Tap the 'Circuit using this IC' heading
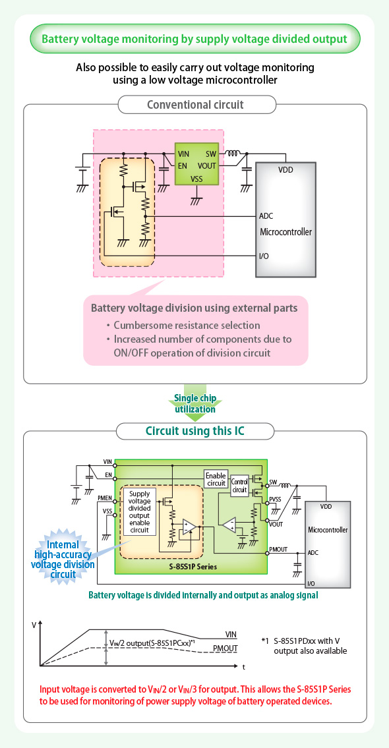[x=194, y=431]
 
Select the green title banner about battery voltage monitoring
[x=194, y=39]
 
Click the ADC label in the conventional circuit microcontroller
[x=266, y=216]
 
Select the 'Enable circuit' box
[x=215, y=479]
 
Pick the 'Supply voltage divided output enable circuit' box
[x=139, y=511]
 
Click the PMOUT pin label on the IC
[x=278, y=549]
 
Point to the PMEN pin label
[x=105, y=498]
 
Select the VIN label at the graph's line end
[x=231, y=634]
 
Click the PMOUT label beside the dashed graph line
[x=225, y=648]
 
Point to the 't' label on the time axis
[x=243, y=666]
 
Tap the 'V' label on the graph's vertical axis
[x=34, y=625]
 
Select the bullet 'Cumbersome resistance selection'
[x=183, y=326]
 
